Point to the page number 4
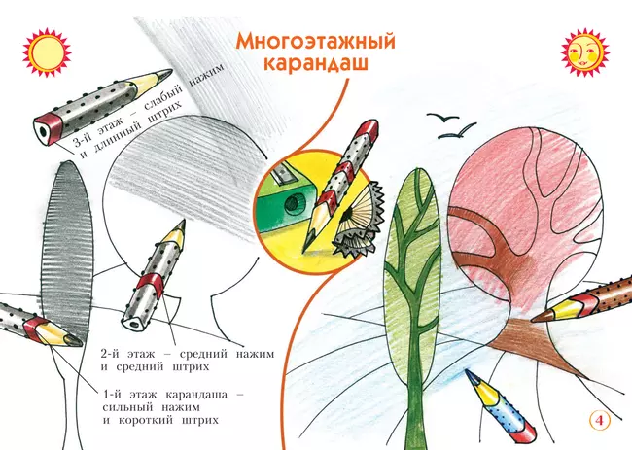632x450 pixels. [x=599, y=420]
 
